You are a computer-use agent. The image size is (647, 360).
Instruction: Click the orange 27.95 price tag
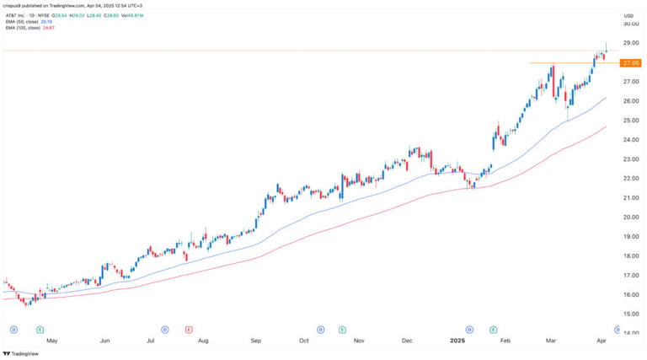[x=629, y=62]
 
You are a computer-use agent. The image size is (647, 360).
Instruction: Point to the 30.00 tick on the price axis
[x=628, y=24]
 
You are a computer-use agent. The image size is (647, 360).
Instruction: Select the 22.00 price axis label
[x=628, y=179]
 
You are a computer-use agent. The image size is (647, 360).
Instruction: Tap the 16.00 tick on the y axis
[x=628, y=295]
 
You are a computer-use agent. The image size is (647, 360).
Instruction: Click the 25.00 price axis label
[x=628, y=121]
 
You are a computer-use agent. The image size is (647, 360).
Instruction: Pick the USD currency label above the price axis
[x=628, y=15]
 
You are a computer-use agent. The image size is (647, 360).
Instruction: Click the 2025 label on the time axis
[x=457, y=341]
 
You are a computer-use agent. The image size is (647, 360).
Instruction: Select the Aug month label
[x=203, y=341]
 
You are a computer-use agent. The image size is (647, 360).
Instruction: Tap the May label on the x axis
[x=52, y=341]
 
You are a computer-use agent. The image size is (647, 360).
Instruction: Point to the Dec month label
[x=407, y=341]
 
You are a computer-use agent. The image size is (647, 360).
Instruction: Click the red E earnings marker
[x=189, y=328]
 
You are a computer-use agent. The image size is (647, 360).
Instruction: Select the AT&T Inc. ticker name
[x=17, y=14]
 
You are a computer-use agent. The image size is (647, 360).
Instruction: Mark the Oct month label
[x=303, y=341]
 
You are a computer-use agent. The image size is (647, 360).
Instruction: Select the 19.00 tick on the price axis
[x=628, y=237]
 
